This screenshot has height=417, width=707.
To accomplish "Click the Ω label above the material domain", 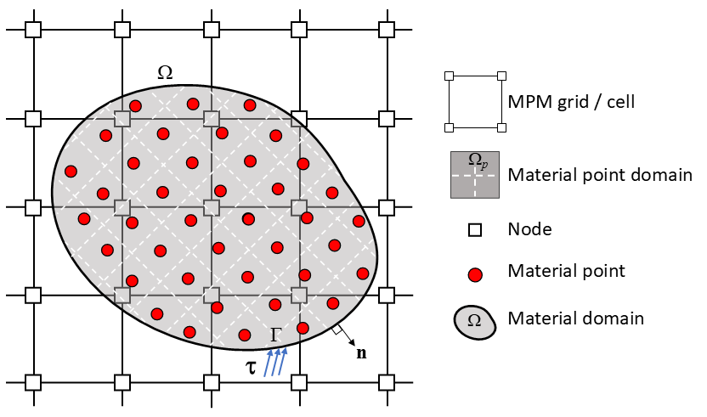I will [166, 73].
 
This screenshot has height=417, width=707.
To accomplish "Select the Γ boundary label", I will [276, 335].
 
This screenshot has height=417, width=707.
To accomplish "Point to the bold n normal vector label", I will [361, 353].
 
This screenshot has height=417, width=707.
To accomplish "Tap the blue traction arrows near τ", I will [276, 360].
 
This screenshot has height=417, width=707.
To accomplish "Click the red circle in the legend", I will [475, 273].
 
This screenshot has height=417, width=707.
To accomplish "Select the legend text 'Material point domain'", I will [599, 176].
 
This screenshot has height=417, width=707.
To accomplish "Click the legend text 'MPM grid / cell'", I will [570, 102].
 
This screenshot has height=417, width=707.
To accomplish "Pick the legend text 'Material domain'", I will [574, 319].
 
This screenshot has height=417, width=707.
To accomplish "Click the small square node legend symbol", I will [475, 229].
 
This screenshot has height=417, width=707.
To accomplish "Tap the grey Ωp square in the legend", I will [475, 175].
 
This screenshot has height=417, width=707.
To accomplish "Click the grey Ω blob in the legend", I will [475, 320].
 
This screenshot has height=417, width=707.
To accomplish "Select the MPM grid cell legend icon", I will [475, 102].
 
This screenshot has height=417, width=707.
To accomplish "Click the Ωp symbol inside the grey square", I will [478, 161].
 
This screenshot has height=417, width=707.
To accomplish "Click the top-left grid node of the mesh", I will [33, 30].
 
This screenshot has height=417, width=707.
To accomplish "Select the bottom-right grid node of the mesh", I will [387, 382].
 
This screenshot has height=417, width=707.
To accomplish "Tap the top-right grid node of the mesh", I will [387, 30].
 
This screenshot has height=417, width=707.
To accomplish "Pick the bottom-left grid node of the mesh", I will [33, 382].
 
